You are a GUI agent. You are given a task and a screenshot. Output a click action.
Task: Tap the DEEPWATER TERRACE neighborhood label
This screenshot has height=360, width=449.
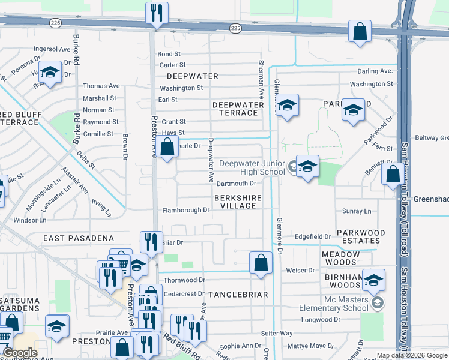coord(238,109)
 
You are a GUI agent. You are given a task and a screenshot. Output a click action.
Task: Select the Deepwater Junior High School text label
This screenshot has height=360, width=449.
coord(252,167)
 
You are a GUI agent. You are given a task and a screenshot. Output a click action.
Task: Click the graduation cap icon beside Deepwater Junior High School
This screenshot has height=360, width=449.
coord(307,166)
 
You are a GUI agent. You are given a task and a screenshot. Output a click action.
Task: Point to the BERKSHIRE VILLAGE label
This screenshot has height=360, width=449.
coord(238,201)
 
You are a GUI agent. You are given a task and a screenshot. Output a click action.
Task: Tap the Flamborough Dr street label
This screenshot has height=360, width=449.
coord(186,211)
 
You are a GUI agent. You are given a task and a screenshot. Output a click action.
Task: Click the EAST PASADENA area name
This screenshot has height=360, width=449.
coord(79,238)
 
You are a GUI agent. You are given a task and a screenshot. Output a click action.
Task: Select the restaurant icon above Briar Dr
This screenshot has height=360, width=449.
coord(151,242)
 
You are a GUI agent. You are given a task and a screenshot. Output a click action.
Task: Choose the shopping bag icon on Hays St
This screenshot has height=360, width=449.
coord(168,146)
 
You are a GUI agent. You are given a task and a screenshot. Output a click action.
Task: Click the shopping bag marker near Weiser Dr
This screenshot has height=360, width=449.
coord(261,262)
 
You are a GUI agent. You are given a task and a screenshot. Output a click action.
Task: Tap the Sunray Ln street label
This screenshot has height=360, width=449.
coord(357,211)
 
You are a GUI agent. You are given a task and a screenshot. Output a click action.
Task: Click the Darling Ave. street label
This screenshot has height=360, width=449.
coord(375,71)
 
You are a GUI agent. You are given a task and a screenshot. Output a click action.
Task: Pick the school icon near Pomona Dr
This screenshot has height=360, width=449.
coord(50,73)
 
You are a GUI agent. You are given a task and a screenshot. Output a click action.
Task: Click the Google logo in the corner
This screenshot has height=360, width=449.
coord(20,353)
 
